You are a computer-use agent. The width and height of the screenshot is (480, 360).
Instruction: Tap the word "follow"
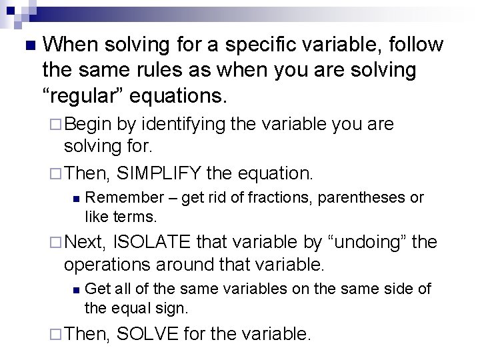412,45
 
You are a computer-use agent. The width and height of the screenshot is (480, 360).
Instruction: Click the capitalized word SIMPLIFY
158,173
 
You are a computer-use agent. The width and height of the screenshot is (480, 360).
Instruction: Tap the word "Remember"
125,197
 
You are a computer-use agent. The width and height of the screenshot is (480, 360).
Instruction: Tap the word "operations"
109,265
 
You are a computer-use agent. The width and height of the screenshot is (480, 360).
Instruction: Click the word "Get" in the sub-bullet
98,289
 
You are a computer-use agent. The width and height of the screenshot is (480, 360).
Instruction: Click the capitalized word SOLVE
147,333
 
